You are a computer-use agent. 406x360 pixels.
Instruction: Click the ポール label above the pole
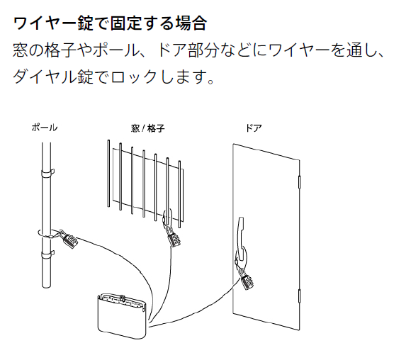[x=44, y=128]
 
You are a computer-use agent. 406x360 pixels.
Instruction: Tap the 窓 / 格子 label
[x=148, y=128]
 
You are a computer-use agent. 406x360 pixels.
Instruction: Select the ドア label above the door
[x=254, y=128]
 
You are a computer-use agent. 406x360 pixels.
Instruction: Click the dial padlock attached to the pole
[x=69, y=240]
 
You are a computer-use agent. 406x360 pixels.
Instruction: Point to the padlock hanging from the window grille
[x=173, y=237]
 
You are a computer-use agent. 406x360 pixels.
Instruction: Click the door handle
[x=241, y=239]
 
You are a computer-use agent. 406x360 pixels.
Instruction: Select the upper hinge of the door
[x=300, y=181]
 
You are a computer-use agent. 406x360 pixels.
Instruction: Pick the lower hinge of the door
[x=300, y=296]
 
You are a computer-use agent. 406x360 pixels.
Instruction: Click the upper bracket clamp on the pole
[x=47, y=173]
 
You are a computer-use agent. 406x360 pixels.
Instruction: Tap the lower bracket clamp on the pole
[x=47, y=254]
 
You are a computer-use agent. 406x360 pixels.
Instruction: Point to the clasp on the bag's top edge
[x=123, y=298]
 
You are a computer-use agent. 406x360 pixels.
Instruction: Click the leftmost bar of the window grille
[x=108, y=174]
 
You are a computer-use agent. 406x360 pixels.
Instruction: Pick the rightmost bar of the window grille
[x=179, y=194]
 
